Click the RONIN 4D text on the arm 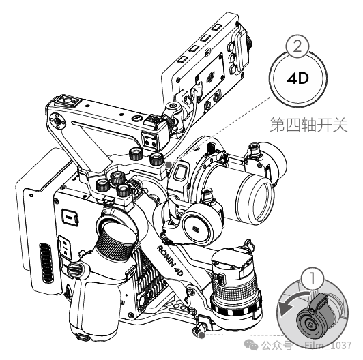[x=172, y=255]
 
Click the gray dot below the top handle [x=169, y=164]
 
